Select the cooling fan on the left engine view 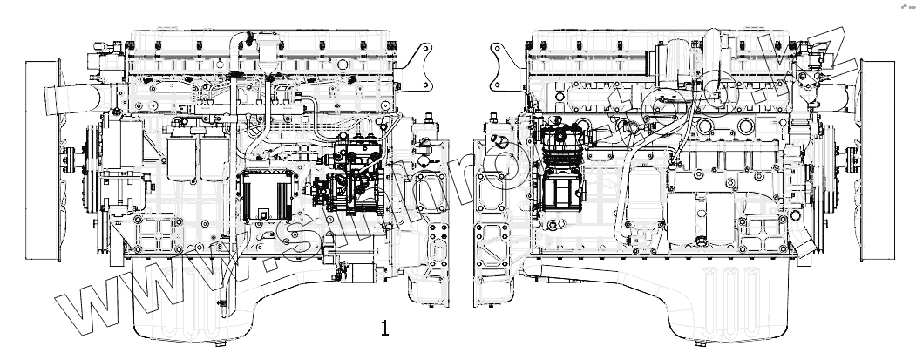click(x=39, y=160)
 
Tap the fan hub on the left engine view click(x=68, y=159)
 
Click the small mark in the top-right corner click(x=898, y=7)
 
